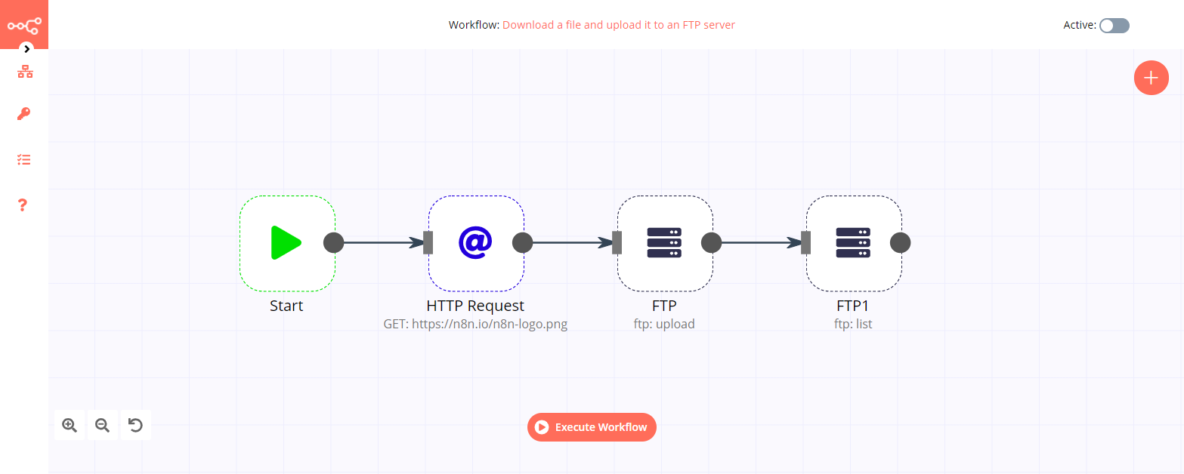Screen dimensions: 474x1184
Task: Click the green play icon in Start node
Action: click(x=286, y=242)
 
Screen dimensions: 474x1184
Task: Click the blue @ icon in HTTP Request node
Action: click(x=475, y=242)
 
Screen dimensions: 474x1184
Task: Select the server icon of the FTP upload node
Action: click(x=664, y=242)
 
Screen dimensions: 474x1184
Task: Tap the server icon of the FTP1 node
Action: click(x=853, y=242)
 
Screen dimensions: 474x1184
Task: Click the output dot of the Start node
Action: click(x=333, y=242)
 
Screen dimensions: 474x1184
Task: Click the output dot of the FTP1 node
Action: click(x=900, y=242)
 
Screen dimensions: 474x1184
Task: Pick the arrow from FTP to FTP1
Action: click(x=759, y=242)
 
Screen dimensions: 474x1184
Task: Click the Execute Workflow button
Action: click(x=592, y=427)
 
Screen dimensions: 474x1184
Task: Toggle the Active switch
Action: click(x=1114, y=26)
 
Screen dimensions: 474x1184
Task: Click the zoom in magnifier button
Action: click(x=70, y=425)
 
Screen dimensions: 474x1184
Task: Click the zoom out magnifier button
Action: click(x=102, y=425)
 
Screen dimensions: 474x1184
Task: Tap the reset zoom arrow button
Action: click(x=135, y=425)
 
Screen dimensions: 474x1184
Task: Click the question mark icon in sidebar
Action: click(x=23, y=205)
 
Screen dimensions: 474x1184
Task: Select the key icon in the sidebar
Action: click(x=24, y=115)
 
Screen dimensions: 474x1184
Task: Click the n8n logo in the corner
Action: click(x=24, y=25)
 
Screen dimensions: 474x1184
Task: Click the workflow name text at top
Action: click(x=618, y=25)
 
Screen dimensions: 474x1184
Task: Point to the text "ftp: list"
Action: click(x=853, y=324)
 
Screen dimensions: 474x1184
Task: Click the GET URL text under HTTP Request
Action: click(x=475, y=324)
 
